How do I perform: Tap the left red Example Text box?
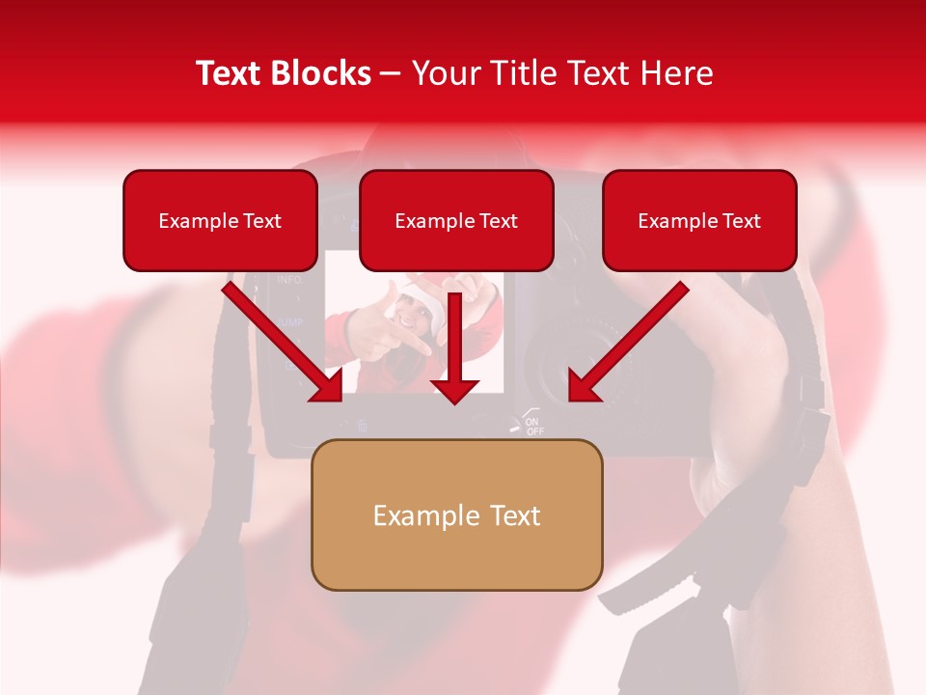(x=220, y=220)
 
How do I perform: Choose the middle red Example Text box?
(x=456, y=220)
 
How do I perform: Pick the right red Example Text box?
(x=699, y=220)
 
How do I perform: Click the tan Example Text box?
(x=456, y=514)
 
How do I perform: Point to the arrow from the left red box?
(x=284, y=342)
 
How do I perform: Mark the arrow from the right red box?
(x=628, y=342)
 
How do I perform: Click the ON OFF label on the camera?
(x=533, y=426)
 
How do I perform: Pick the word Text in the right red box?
(x=742, y=221)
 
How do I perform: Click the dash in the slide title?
(x=391, y=74)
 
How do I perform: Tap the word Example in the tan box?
(x=425, y=515)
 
